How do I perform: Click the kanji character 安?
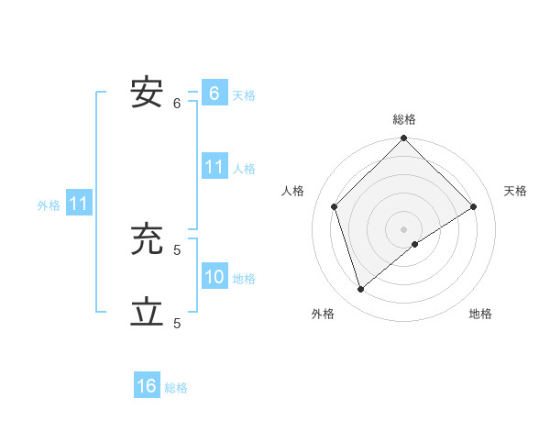click(x=147, y=94)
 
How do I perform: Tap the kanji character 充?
click(x=147, y=239)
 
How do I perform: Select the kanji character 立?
click(x=147, y=313)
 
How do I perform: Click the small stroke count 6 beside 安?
click(x=177, y=103)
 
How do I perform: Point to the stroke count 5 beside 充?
click(x=177, y=249)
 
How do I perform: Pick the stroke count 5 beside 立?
click(x=177, y=323)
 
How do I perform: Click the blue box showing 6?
click(x=214, y=94)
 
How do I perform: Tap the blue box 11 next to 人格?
click(x=214, y=167)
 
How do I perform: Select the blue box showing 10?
click(x=214, y=277)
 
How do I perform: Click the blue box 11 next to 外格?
click(x=78, y=204)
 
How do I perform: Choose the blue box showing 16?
click(x=147, y=386)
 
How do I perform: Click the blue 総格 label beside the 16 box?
click(x=176, y=388)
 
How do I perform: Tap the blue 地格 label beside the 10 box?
click(x=244, y=279)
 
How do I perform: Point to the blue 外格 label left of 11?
click(x=49, y=205)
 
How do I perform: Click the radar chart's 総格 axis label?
click(x=404, y=119)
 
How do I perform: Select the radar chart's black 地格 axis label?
click(x=480, y=315)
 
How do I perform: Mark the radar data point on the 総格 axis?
click(x=403, y=138)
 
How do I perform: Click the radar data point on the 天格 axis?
click(x=474, y=206)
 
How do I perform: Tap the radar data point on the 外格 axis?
click(x=361, y=289)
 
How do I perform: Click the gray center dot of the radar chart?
click(x=403, y=228)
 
